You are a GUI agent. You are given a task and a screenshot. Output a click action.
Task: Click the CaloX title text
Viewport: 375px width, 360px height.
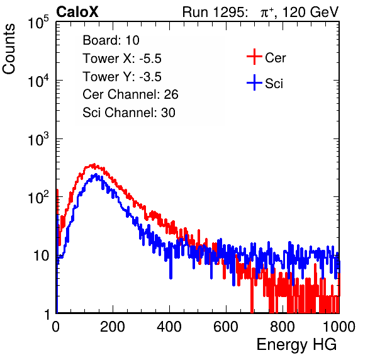77,12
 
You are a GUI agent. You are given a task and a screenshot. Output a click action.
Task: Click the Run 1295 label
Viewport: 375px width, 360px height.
215,12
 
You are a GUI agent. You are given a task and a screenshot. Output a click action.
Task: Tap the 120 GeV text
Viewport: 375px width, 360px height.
310,12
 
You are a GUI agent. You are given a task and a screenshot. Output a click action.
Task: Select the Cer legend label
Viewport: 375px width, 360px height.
275,58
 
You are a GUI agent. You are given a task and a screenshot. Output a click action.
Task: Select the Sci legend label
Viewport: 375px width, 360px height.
274,84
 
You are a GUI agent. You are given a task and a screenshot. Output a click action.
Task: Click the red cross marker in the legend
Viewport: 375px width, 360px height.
254,57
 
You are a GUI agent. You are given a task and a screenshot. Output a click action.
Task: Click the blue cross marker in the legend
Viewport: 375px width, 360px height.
254,82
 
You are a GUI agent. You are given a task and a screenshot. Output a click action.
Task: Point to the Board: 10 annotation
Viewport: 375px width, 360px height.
111,40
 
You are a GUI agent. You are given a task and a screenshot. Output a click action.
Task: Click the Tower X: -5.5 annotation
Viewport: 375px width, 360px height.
122,59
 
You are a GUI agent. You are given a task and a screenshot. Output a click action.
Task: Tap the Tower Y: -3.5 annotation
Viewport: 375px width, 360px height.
122,77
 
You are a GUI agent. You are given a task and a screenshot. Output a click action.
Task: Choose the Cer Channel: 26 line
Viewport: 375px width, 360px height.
130,94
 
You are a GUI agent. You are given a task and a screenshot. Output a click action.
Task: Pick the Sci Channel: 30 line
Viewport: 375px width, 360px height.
129,113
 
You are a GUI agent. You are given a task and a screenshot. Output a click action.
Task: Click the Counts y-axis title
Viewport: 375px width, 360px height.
9,49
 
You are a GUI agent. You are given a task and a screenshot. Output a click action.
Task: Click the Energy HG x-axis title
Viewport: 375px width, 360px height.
296,345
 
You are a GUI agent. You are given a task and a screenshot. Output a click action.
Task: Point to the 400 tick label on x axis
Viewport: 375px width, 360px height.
169,327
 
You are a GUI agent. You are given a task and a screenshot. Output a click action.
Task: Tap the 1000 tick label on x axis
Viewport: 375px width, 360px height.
339,327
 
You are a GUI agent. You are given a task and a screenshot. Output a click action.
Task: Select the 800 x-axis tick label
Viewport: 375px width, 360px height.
283,327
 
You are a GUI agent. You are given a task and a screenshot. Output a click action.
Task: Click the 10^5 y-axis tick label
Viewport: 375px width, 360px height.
38,22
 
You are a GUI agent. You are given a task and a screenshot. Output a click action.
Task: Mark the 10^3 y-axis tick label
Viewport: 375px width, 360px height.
38,139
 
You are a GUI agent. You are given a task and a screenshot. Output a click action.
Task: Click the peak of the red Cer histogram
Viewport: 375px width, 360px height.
94,164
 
